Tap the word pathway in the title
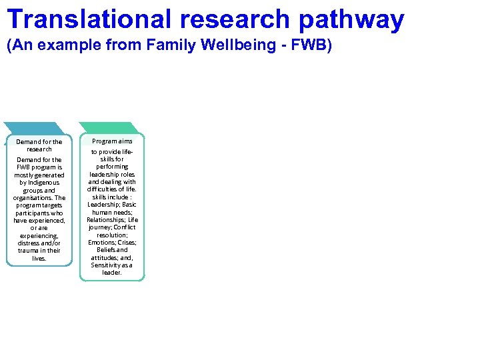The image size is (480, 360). tap(351, 20)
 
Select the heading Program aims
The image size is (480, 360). tap(112, 141)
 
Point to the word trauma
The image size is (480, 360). tap(28, 251)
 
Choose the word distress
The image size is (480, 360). tap(29, 243)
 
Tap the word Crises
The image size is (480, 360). tap(127, 243)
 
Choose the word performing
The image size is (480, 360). tap(112, 167)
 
